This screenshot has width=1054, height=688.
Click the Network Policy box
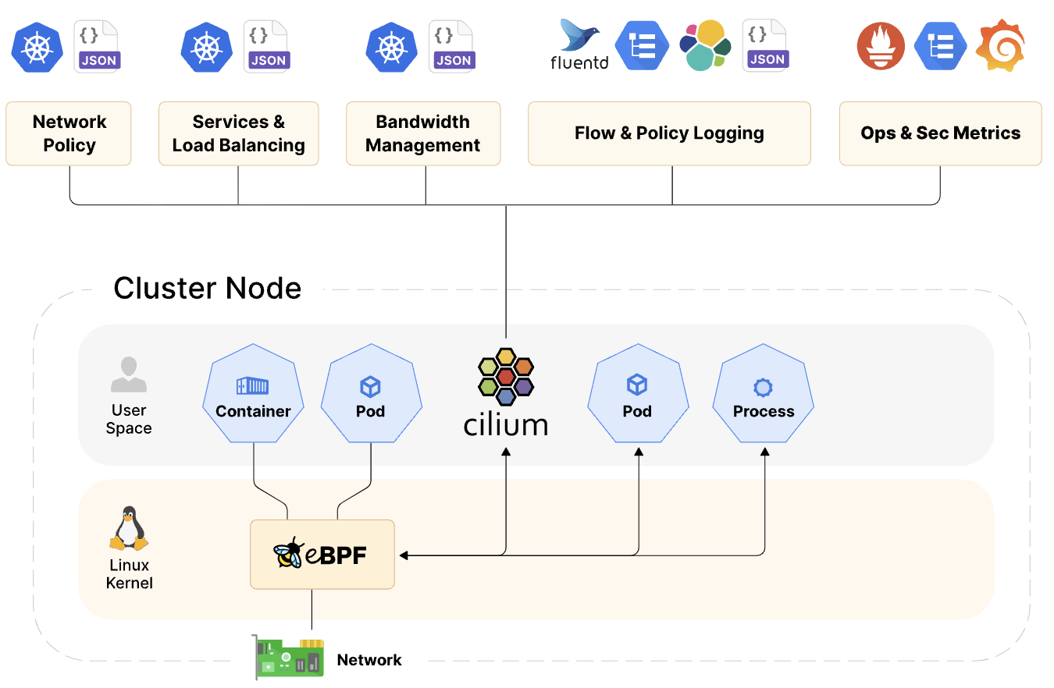pyautogui.click(x=69, y=133)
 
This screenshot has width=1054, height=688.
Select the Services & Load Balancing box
pyautogui.click(x=238, y=133)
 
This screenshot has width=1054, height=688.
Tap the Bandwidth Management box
pyautogui.click(x=422, y=133)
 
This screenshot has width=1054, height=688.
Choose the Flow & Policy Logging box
pyautogui.click(x=669, y=133)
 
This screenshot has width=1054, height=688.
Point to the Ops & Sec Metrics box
pyautogui.click(x=940, y=133)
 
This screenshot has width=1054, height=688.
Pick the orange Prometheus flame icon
pyautogui.click(x=881, y=46)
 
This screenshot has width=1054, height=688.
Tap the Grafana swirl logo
pyautogui.click(x=1002, y=46)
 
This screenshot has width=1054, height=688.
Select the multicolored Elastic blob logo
pyautogui.click(x=705, y=46)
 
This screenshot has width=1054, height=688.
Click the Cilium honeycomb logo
pyautogui.click(x=505, y=377)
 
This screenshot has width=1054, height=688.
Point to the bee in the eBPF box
pyautogui.click(x=288, y=553)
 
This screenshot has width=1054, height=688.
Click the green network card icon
pyautogui.click(x=290, y=656)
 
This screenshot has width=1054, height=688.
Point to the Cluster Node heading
pyautogui.click(x=208, y=288)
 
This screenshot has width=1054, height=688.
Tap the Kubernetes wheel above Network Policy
pyautogui.click(x=36, y=47)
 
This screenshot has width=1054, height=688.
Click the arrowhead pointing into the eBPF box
pyautogui.click(x=404, y=555)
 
